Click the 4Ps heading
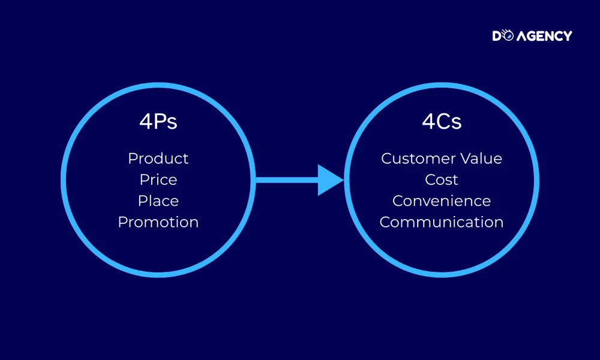click(x=158, y=122)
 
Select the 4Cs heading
click(x=442, y=122)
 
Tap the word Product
click(x=158, y=158)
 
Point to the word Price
click(x=158, y=180)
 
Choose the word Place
click(x=158, y=201)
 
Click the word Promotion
click(x=158, y=222)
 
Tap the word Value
click(x=481, y=158)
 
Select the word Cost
click(x=442, y=180)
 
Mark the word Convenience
click(x=442, y=201)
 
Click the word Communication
click(x=442, y=222)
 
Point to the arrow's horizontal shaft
click(x=287, y=180)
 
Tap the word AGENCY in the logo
click(x=545, y=36)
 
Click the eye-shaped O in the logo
click(x=508, y=35)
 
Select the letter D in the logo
click(x=497, y=36)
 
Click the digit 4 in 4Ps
click(x=146, y=122)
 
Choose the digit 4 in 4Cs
click(x=429, y=122)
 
